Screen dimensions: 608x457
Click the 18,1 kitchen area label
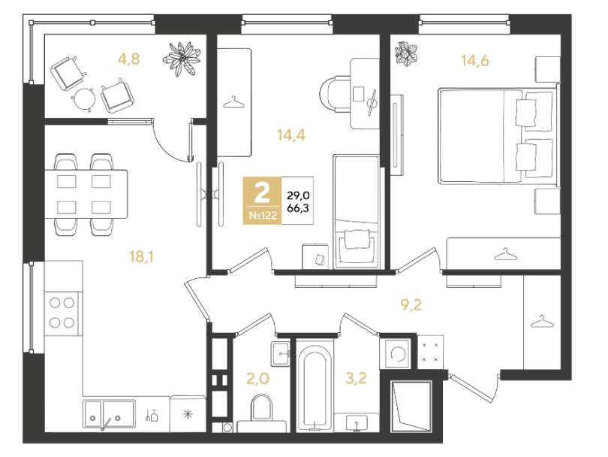click(x=141, y=256)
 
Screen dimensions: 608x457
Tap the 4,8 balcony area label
click(x=129, y=59)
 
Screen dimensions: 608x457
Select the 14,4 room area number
click(x=291, y=135)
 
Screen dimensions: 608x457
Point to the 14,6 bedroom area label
click(x=475, y=61)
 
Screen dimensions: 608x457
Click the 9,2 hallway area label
click(x=411, y=305)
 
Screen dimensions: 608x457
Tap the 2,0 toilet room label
click(x=258, y=378)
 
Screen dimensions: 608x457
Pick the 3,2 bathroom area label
click(x=356, y=378)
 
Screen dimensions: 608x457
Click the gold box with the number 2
click(x=262, y=201)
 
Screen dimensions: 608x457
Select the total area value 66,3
click(x=298, y=208)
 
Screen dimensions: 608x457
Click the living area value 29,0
click(x=298, y=195)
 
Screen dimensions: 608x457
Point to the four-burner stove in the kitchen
click(x=62, y=313)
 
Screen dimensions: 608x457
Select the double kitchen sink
click(x=109, y=414)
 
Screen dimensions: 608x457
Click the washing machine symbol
click(x=398, y=354)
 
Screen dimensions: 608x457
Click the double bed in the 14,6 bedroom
click(x=499, y=135)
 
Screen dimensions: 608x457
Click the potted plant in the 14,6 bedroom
click(x=406, y=53)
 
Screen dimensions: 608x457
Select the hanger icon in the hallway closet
click(x=542, y=322)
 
